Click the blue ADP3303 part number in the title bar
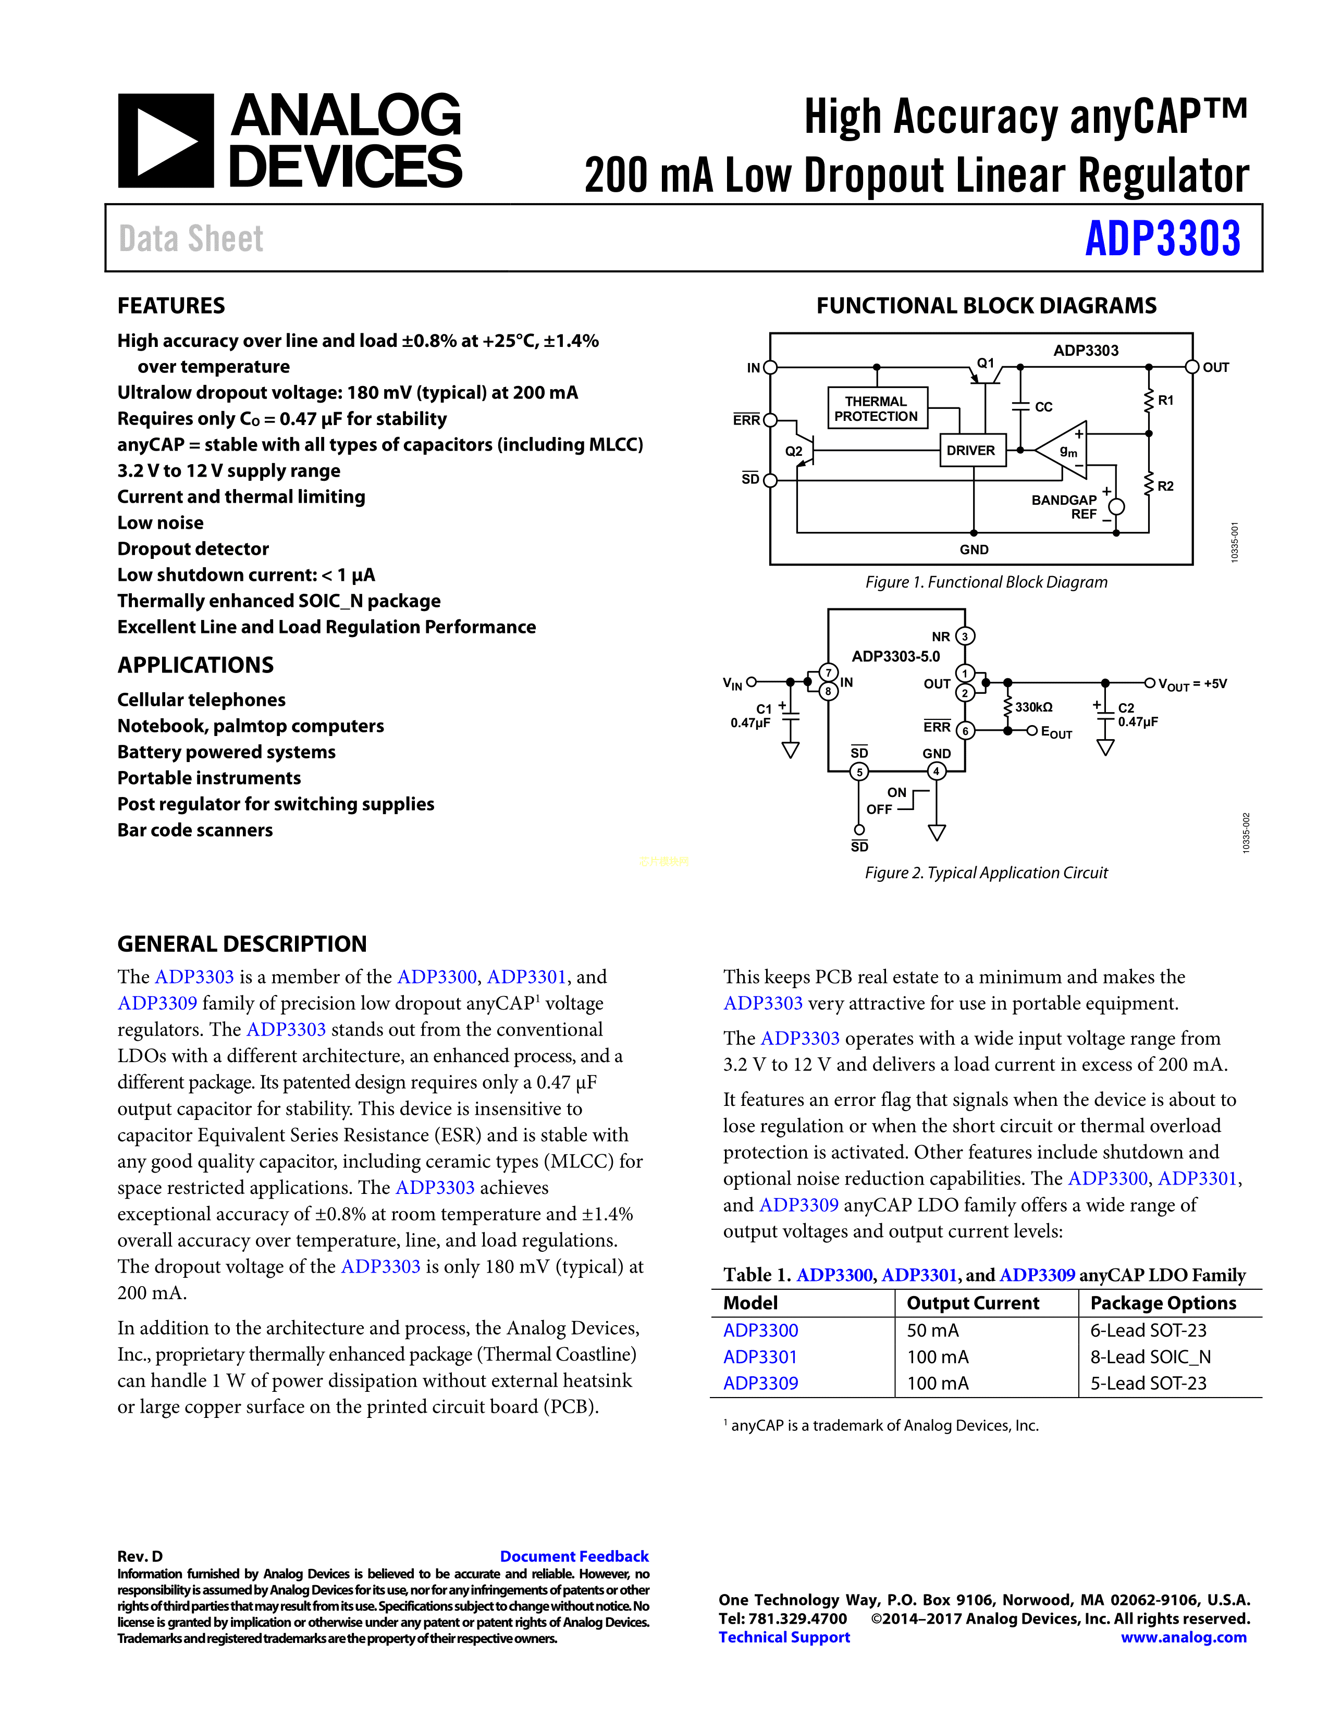(1162, 239)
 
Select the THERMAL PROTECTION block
(876, 408)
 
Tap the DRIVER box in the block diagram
(971, 450)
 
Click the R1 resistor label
(1166, 401)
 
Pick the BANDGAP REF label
(1064, 506)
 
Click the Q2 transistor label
(794, 451)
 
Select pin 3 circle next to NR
(965, 636)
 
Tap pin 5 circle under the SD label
(860, 771)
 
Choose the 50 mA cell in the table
(933, 1330)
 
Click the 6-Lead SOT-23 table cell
(1148, 1330)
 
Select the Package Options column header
(1163, 1303)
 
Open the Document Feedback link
(574, 1556)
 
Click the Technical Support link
(784, 1637)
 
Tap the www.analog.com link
(1184, 1637)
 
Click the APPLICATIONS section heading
(195, 665)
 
